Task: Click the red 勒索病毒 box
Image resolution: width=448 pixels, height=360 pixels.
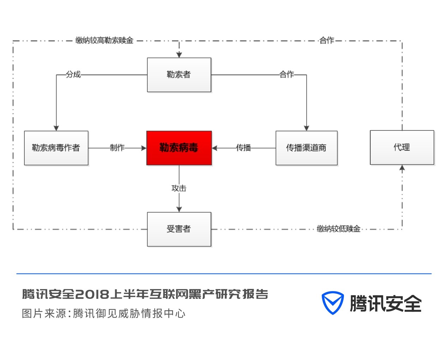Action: [179, 148]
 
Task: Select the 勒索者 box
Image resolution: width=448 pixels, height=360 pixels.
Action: [179, 75]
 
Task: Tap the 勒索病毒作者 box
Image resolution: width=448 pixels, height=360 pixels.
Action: [56, 148]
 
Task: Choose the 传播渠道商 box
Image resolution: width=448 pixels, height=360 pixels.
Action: [306, 148]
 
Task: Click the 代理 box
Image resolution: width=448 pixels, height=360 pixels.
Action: [402, 147]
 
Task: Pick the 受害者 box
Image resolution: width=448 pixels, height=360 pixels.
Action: [179, 229]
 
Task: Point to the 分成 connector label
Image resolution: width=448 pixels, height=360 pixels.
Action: [73, 75]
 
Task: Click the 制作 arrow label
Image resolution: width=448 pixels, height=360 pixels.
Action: [117, 148]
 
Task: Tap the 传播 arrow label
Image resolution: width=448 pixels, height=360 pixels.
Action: [244, 148]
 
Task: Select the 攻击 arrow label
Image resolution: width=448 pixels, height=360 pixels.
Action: [179, 188]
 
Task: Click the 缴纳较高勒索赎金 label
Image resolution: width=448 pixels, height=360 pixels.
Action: [104, 40]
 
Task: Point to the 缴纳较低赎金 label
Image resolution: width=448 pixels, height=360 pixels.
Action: [339, 229]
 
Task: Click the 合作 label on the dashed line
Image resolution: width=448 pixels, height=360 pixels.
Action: [327, 40]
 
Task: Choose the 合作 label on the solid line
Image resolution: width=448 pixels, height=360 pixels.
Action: [287, 75]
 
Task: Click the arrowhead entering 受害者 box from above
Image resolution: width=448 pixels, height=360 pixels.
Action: [179, 209]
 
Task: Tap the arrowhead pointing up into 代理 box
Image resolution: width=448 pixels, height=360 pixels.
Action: [402, 169]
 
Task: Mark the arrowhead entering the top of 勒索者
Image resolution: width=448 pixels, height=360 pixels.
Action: [179, 55]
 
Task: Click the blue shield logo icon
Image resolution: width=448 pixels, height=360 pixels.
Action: [332, 303]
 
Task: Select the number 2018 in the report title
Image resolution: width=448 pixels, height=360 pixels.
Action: [92, 294]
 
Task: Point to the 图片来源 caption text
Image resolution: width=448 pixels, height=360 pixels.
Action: [44, 313]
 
